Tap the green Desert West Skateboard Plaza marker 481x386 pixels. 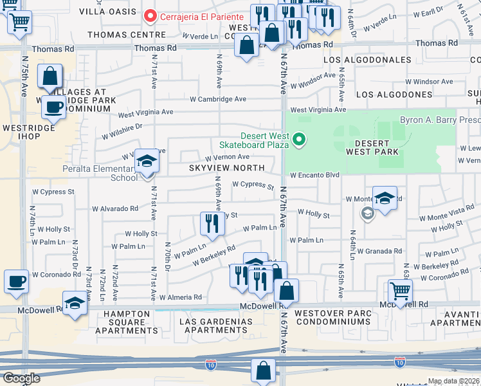click(x=298, y=139)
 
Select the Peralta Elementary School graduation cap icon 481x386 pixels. click(x=147, y=162)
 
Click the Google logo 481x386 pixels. click(x=21, y=378)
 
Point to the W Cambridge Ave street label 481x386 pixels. click(x=218, y=99)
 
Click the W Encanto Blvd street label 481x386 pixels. click(x=314, y=175)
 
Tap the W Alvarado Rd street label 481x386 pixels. click(x=114, y=208)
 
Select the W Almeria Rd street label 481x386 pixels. click(x=181, y=297)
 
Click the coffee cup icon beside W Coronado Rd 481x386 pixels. click(x=16, y=281)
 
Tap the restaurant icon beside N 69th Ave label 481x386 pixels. click(x=210, y=224)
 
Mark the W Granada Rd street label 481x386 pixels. click(x=379, y=252)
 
